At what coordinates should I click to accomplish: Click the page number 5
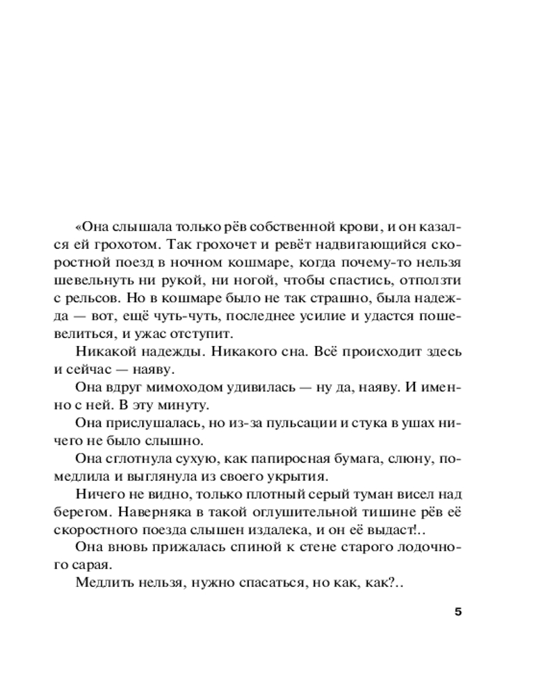point(458,613)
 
